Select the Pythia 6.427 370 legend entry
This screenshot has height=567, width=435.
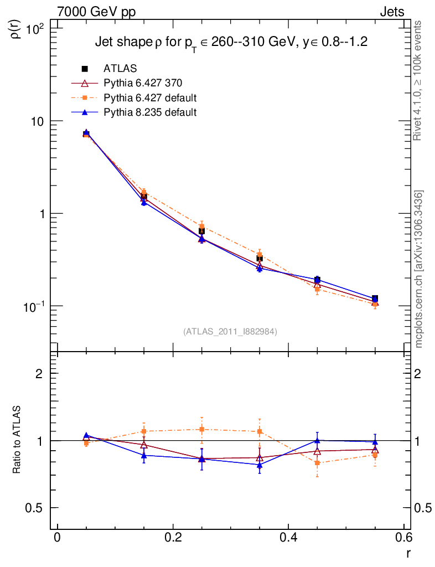point(143,83)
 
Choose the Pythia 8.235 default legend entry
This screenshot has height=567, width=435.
point(150,112)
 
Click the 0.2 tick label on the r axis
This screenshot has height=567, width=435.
point(173,539)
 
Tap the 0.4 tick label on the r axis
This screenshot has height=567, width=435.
point(288,539)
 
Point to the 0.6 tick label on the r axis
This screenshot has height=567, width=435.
point(403,539)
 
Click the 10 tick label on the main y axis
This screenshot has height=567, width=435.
point(40,121)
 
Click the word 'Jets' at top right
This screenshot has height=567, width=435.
point(391,12)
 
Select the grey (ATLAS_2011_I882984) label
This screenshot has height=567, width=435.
point(230,331)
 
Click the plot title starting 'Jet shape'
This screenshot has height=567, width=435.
point(231,43)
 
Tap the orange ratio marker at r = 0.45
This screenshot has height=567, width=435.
point(317,462)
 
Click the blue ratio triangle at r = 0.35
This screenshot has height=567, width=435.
point(260,465)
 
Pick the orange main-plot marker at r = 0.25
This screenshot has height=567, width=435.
point(202,226)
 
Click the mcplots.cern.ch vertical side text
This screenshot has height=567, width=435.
point(419,270)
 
